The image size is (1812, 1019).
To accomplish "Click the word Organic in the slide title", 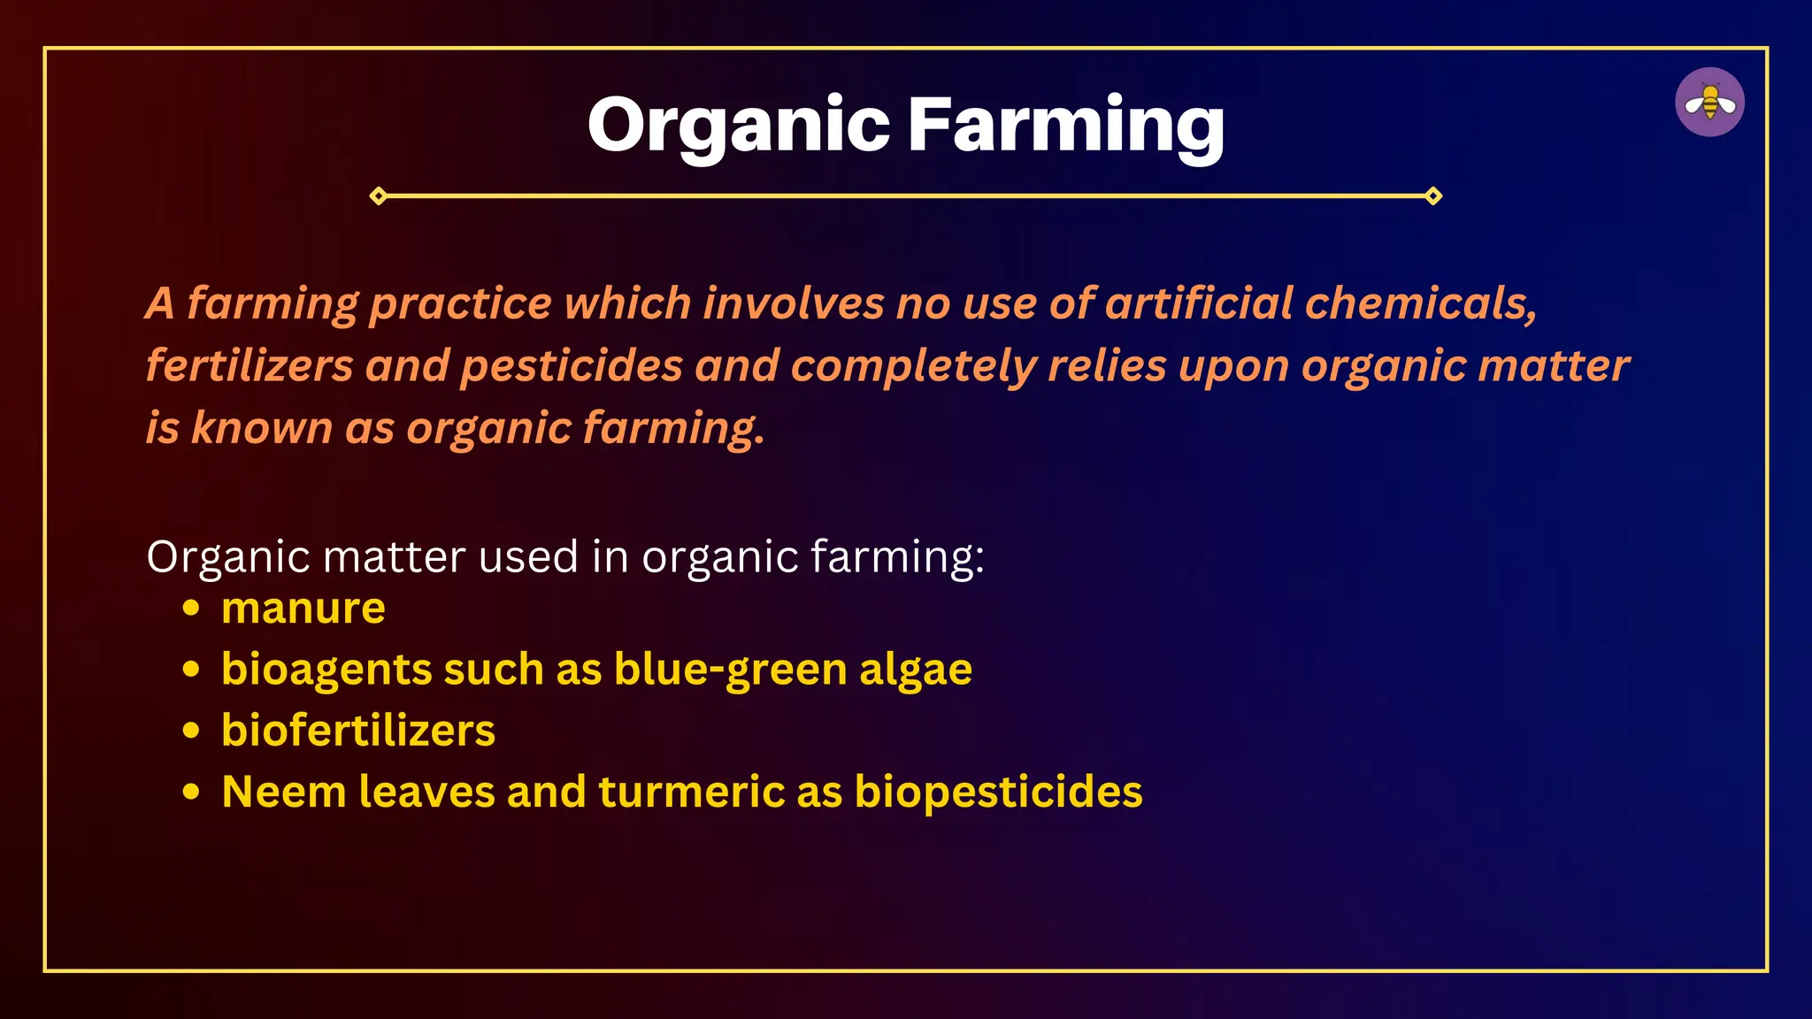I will coord(738,126).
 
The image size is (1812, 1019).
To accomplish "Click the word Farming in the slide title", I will coord(1066,126).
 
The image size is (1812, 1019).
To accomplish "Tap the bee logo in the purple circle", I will coord(1709,103).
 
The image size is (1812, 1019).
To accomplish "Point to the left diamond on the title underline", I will coord(379,195).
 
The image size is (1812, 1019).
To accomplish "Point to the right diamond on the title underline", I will coord(1433,195).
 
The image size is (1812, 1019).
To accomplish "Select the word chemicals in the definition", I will coord(1420,303).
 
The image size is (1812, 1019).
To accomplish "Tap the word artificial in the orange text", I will coord(1199,303).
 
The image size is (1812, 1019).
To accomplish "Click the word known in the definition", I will coord(261,428).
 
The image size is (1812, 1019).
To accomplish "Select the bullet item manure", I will coord(303,609).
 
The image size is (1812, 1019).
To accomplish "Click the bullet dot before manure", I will coord(191,609).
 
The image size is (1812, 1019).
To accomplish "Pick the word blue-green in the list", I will coord(731,670).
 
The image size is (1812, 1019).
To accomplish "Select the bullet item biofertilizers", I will coord(358,731).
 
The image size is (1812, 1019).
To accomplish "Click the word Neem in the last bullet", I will coord(284,792).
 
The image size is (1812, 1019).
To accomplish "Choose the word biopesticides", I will coord(998,792).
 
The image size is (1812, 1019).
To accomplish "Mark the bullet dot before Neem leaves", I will coord(191,792).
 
